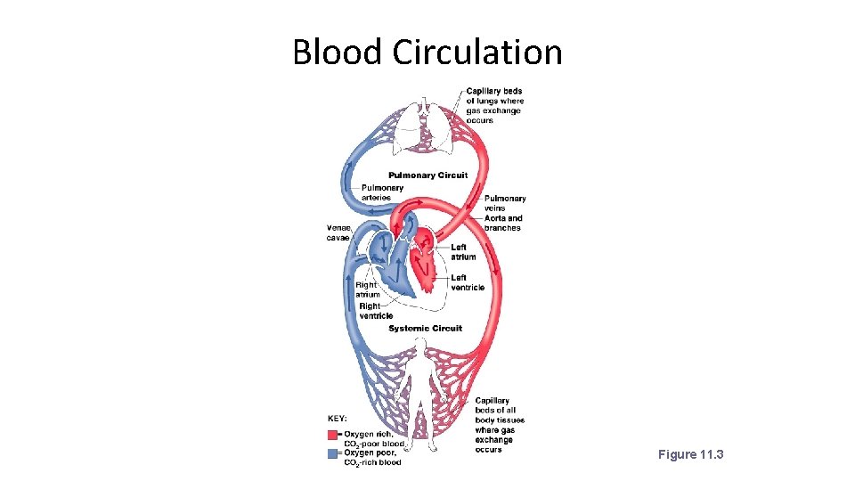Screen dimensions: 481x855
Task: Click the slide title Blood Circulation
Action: (427, 52)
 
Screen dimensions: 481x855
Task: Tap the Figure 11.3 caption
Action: (690, 455)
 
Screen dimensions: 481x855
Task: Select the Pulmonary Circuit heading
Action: (427, 175)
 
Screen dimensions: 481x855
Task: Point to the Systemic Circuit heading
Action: (425, 329)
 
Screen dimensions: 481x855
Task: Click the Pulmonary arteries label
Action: (382, 192)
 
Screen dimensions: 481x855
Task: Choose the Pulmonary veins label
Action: (505, 203)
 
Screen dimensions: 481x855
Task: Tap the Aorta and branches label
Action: (503, 223)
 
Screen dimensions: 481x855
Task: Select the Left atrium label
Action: (463, 252)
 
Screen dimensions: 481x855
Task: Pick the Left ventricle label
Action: (468, 282)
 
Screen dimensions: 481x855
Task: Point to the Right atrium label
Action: (368, 289)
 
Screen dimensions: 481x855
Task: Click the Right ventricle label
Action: (376, 311)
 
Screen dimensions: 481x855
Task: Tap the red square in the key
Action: (332, 435)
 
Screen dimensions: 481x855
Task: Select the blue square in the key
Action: (332, 452)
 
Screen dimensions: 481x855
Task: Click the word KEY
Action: (338, 418)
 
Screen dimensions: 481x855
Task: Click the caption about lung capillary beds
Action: (494, 105)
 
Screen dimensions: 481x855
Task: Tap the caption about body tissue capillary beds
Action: (500, 425)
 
